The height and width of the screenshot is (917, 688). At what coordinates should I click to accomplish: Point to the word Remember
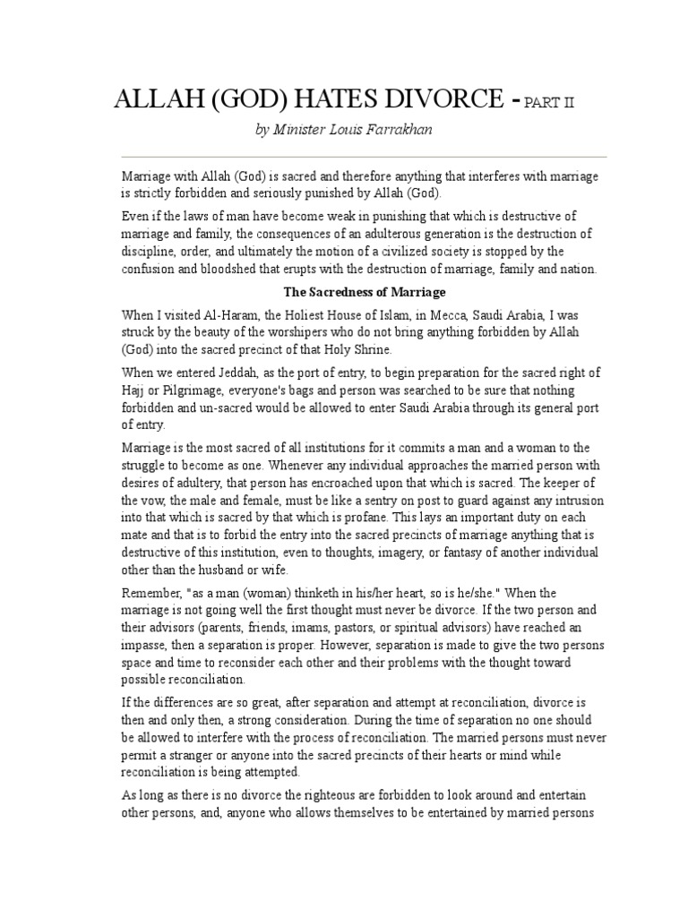[x=151, y=594]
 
